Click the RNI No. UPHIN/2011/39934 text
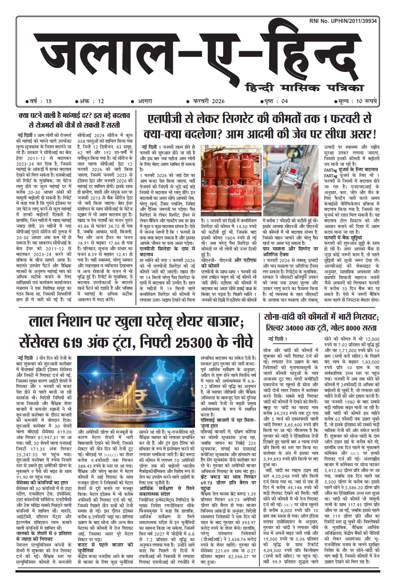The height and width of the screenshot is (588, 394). coord(343,21)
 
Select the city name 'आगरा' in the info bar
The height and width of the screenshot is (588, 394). coord(146,101)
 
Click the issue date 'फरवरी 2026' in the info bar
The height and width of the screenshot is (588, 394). coord(208,101)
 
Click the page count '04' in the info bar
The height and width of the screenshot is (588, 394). coord(284,101)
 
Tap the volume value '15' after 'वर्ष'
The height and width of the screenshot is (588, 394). coord(49,101)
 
